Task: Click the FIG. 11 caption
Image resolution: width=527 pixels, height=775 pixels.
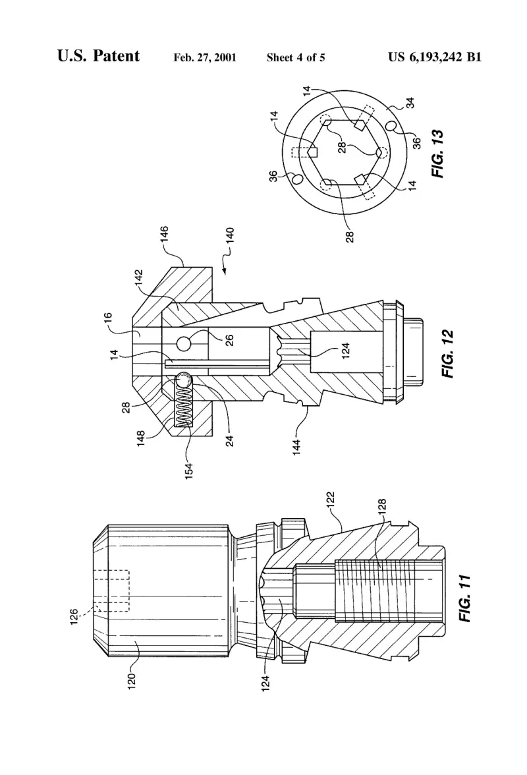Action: click(x=465, y=598)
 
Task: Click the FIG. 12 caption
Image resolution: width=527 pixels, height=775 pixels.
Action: click(x=447, y=354)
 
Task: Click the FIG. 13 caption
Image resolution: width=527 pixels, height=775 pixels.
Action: click(x=438, y=154)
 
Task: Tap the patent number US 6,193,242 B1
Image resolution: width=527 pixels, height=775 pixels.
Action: click(x=435, y=57)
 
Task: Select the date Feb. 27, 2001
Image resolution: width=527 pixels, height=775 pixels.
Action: click(x=205, y=57)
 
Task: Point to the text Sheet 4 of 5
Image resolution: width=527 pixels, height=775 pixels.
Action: click(x=296, y=57)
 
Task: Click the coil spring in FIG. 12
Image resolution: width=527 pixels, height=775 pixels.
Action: click(x=184, y=405)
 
